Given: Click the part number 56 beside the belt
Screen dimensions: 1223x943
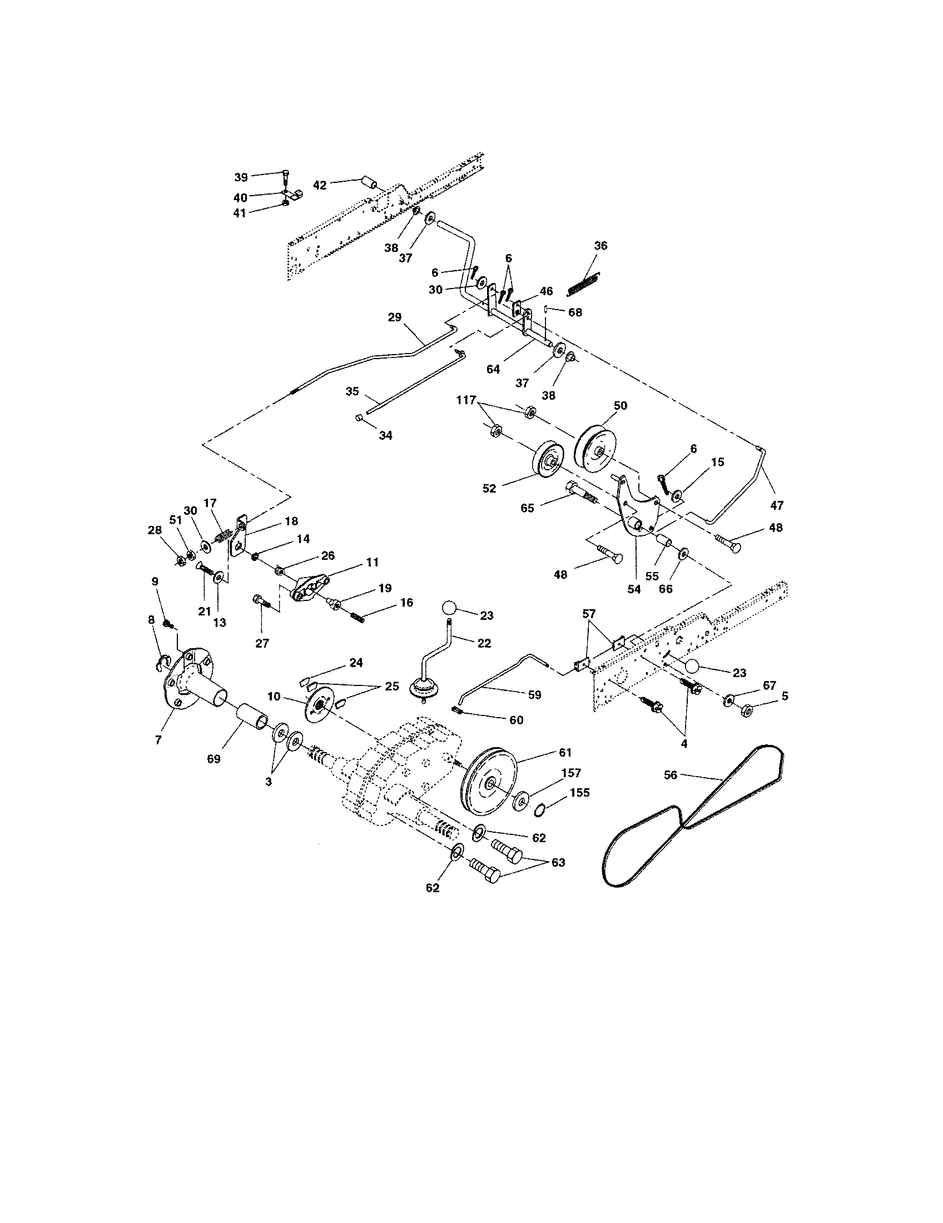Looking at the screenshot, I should point(671,775).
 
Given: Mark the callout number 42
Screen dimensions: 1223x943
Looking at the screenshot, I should point(319,185).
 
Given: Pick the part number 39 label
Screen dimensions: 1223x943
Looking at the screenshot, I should point(241,177).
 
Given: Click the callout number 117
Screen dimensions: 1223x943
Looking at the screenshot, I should point(466,400).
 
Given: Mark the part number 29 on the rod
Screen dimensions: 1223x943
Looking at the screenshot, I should point(394,317).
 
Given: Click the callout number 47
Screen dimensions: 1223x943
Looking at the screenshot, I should point(777,505).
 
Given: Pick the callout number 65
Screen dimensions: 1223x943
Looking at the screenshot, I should point(528,508).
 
